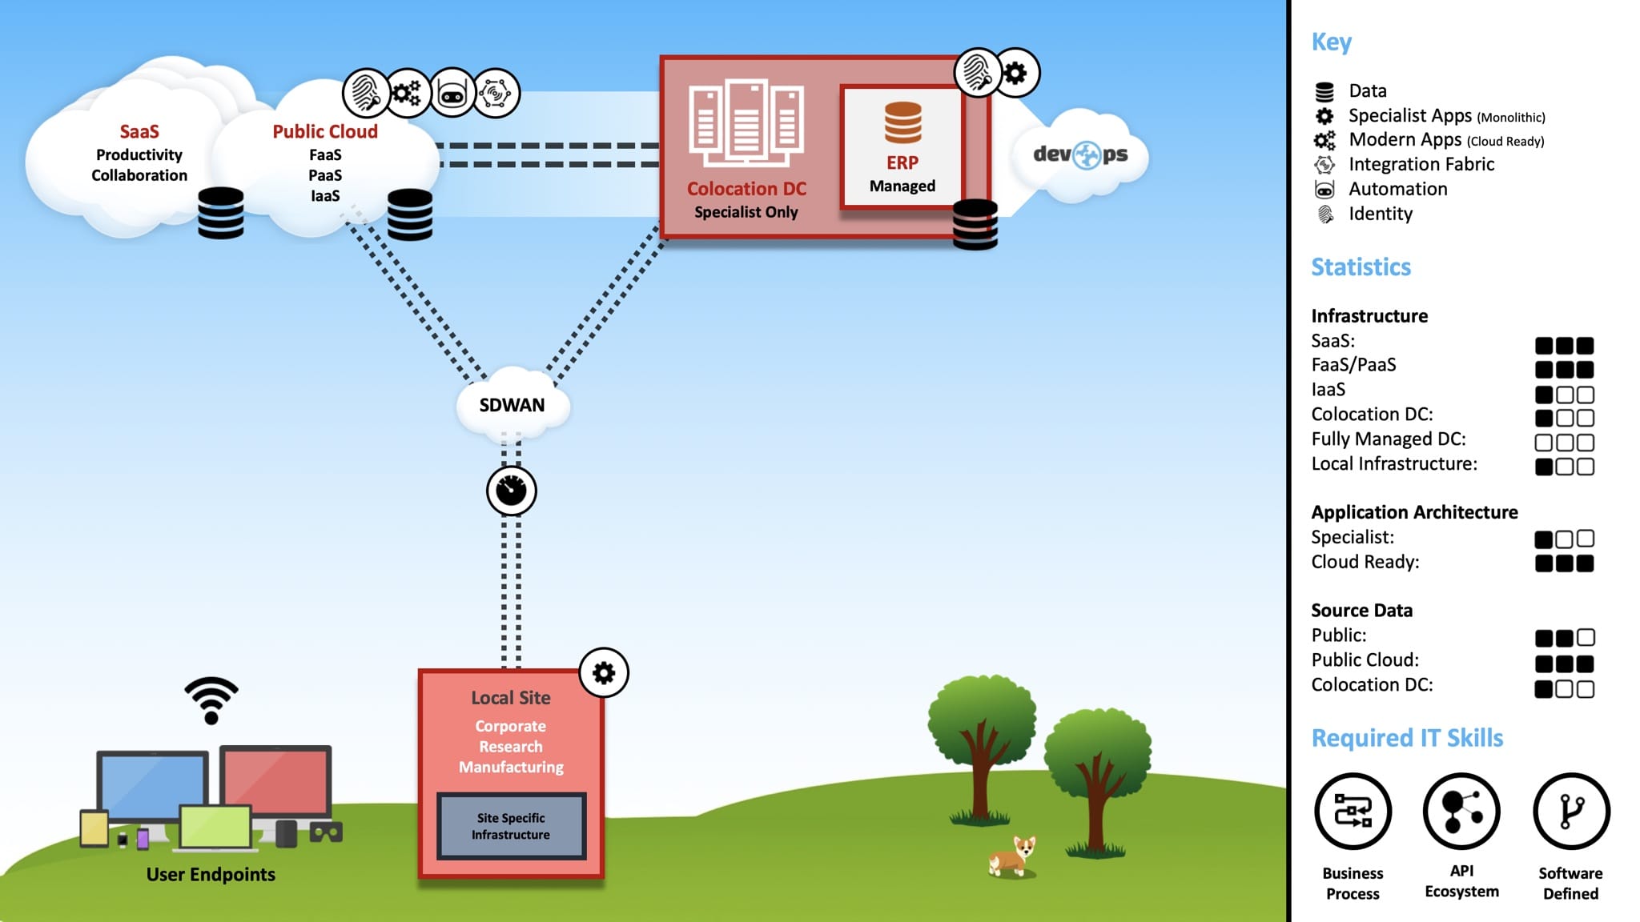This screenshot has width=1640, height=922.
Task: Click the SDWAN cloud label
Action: click(x=512, y=405)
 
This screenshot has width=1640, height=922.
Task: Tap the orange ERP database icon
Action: click(x=902, y=122)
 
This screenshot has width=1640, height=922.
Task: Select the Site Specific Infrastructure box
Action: click(x=511, y=826)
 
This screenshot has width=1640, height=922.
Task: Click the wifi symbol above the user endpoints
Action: click(x=211, y=700)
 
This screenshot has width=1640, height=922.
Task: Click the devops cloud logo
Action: click(x=1080, y=154)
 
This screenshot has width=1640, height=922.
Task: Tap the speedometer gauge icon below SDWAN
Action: click(x=511, y=491)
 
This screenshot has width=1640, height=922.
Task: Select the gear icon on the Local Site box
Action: click(x=603, y=672)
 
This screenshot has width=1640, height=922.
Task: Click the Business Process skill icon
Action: click(x=1353, y=812)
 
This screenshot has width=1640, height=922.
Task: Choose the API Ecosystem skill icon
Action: click(x=1461, y=812)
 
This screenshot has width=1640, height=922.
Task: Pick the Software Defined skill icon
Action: click(x=1570, y=812)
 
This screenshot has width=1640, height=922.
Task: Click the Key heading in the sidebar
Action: click(x=1331, y=42)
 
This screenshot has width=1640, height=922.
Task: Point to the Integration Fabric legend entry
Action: click(x=1421, y=164)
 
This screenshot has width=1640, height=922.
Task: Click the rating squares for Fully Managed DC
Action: click(x=1564, y=443)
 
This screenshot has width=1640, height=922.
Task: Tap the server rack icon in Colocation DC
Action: click(x=746, y=120)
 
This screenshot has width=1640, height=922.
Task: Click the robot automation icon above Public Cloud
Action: click(x=452, y=94)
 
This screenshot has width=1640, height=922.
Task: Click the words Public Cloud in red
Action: click(x=324, y=131)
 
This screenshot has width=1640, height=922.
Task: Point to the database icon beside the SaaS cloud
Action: click(x=221, y=213)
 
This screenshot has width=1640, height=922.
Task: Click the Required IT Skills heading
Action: click(x=1406, y=738)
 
